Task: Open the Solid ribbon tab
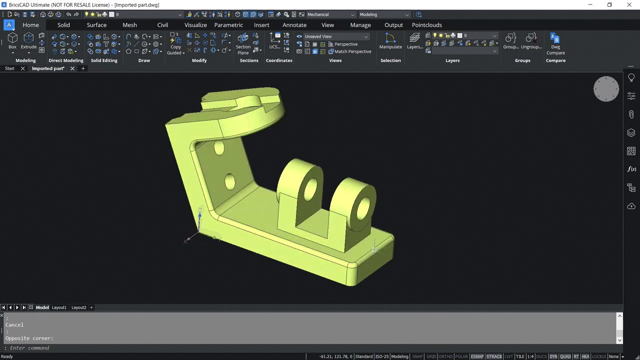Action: (x=63, y=25)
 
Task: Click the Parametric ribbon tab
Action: (x=228, y=25)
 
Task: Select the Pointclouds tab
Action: (x=426, y=25)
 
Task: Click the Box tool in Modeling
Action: (x=12, y=40)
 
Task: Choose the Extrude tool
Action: (x=28, y=40)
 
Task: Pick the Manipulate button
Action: (x=390, y=41)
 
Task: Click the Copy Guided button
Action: (x=175, y=43)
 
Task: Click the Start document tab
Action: (x=9, y=68)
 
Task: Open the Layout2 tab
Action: (x=78, y=307)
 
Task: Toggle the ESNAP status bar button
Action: (x=477, y=356)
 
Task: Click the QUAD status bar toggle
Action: (x=565, y=356)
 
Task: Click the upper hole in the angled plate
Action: (x=219, y=147)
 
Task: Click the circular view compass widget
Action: (x=606, y=89)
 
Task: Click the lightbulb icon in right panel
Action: (x=631, y=78)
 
